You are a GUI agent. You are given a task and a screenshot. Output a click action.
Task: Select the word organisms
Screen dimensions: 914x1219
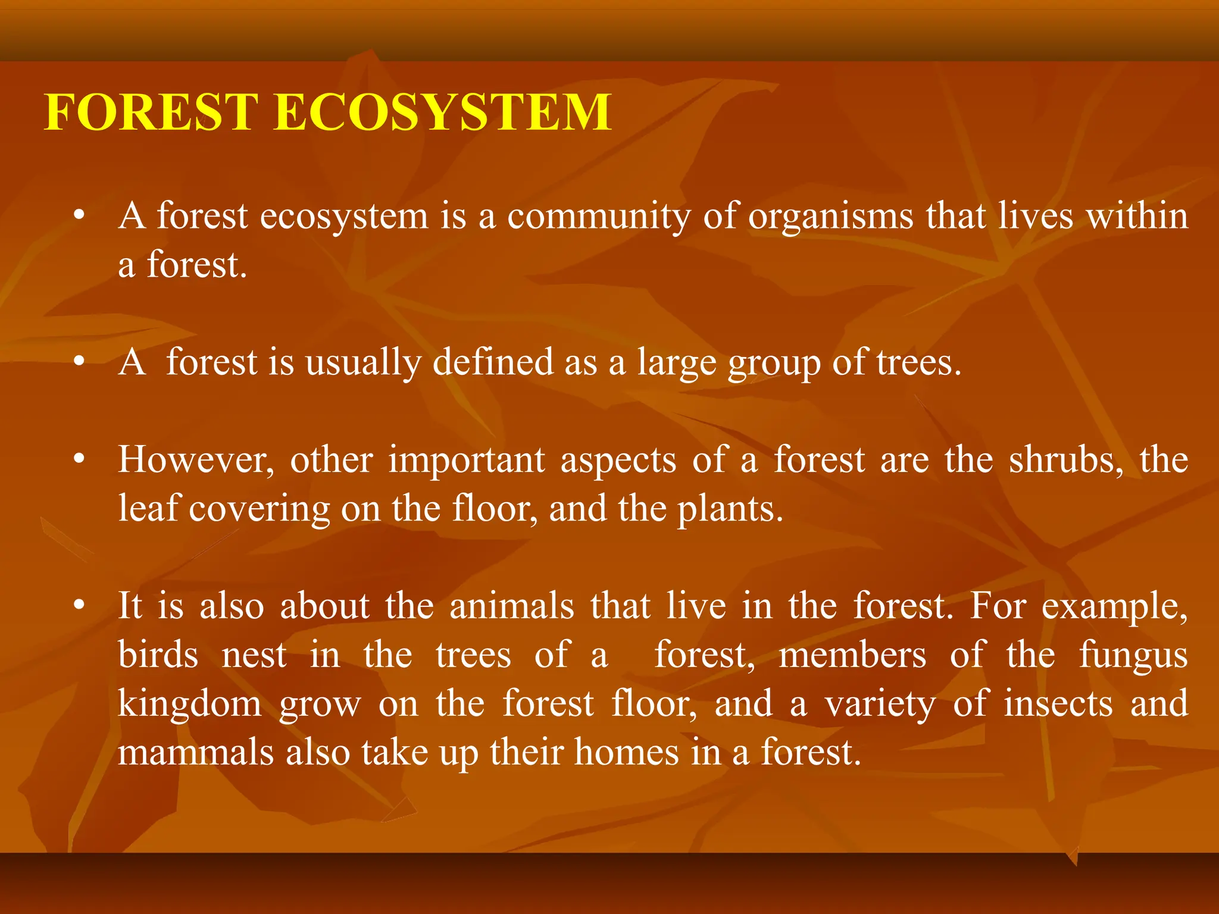coord(830,217)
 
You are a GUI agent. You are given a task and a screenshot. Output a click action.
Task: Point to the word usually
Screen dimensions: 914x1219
coord(362,363)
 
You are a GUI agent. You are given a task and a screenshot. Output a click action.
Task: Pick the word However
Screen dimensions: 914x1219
coord(196,461)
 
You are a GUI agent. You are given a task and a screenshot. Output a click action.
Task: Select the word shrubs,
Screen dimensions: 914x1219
coord(1066,461)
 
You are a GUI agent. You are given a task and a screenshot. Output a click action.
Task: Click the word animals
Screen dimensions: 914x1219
coord(511,606)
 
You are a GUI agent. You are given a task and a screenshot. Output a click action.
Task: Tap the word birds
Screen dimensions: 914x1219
coord(158,655)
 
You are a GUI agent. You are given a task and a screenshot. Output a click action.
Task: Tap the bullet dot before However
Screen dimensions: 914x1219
coord(79,459)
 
